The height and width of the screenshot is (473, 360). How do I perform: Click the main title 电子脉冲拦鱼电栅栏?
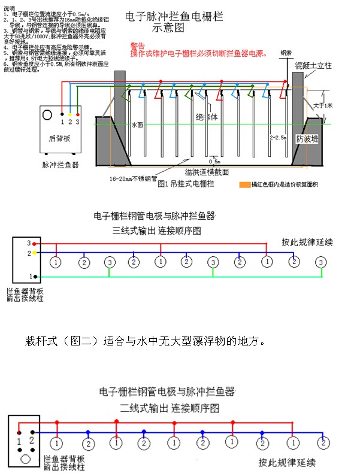[x=174, y=17]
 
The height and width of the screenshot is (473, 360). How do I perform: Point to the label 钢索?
[x=287, y=53]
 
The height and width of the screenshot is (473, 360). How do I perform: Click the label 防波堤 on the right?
[x=308, y=138]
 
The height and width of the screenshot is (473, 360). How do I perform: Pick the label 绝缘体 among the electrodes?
[x=207, y=117]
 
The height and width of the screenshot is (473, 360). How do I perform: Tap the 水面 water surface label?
[x=138, y=126]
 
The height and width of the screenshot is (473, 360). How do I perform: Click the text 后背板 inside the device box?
[x=59, y=138]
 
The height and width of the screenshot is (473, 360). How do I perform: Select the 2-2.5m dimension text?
[x=279, y=137]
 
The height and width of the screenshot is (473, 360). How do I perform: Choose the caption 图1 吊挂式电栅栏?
[x=186, y=185]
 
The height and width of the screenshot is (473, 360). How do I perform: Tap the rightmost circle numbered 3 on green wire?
[x=322, y=262]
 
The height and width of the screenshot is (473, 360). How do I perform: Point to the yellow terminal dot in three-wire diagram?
[x=36, y=253]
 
